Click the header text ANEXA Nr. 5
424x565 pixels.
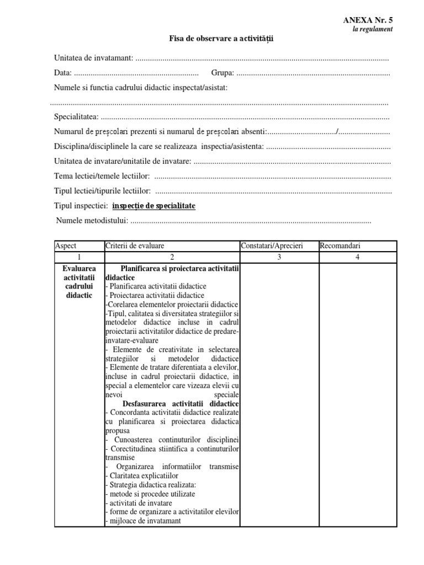point(368,20)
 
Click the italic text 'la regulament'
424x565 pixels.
point(373,29)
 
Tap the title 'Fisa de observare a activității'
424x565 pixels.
point(221,39)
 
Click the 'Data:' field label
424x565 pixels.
point(62,72)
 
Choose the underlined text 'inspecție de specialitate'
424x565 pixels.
point(153,206)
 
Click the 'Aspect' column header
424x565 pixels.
point(66,246)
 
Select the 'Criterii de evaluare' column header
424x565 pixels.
point(135,246)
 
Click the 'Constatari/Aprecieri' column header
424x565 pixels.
point(272,246)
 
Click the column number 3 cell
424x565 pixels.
point(279,257)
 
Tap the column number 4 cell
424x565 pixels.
point(357,257)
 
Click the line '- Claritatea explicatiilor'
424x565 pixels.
point(139,476)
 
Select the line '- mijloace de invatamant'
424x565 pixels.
point(143,520)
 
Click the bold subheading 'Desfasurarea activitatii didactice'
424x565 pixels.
point(181,404)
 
